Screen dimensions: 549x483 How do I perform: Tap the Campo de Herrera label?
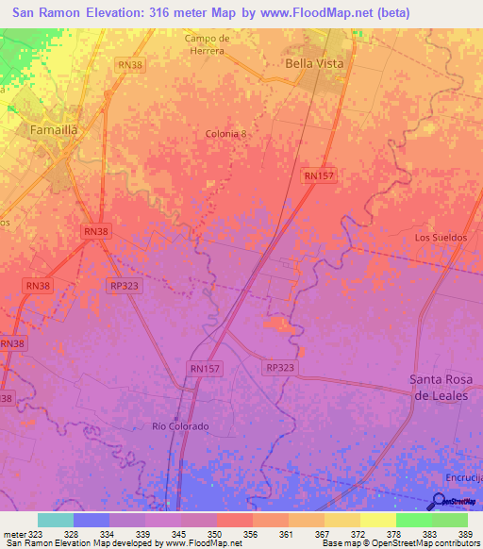tap(208, 44)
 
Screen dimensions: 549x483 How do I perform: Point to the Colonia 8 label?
tap(226, 134)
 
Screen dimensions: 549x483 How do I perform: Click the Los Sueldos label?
tap(441, 238)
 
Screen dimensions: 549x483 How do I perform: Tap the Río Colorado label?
tap(180, 426)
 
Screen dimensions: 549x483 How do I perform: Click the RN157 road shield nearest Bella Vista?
tap(320, 175)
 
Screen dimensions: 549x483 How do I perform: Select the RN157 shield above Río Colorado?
tap(206, 369)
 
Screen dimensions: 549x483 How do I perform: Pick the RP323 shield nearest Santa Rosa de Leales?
tap(280, 368)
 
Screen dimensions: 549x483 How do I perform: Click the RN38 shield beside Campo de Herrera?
tap(130, 64)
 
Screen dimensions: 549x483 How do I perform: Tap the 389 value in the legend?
tap(463, 533)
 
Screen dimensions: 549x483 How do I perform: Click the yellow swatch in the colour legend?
tap(341, 520)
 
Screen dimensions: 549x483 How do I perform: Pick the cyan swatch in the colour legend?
tap(55, 520)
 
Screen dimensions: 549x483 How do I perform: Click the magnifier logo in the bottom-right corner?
tap(440, 504)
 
